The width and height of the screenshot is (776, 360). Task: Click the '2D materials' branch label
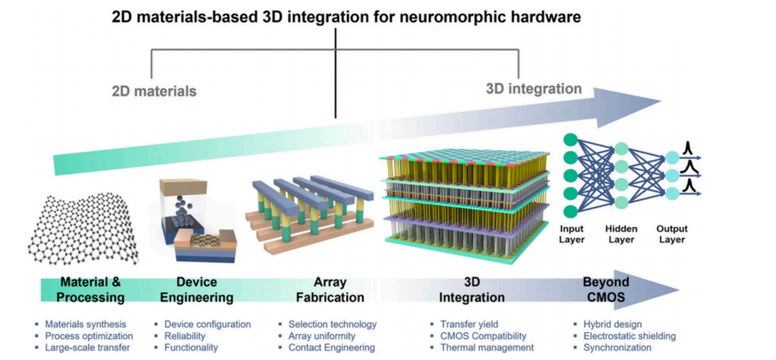tap(154, 91)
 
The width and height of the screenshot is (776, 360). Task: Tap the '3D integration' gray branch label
tap(533, 89)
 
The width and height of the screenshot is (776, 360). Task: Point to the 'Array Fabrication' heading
tap(331, 290)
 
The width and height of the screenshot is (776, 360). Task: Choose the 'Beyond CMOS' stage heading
tap(606, 290)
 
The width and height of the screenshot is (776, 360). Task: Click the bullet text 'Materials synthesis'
tap(86, 324)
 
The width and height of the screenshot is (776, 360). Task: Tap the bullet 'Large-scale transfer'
tap(88, 347)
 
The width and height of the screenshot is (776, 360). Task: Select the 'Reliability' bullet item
tap(185, 336)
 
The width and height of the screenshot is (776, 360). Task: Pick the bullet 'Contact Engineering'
tap(331, 347)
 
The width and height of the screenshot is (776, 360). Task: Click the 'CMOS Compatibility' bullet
tap(484, 336)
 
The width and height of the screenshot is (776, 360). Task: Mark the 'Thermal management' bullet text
tap(487, 347)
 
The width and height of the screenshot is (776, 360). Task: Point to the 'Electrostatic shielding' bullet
tap(624, 336)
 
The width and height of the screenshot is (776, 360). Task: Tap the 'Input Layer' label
tap(573, 234)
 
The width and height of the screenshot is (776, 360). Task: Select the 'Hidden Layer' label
tap(621, 234)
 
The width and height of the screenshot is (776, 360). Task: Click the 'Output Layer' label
tap(672, 234)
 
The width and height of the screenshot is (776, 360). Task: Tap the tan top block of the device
tap(183, 188)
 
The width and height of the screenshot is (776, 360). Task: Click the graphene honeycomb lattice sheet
tap(83, 229)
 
